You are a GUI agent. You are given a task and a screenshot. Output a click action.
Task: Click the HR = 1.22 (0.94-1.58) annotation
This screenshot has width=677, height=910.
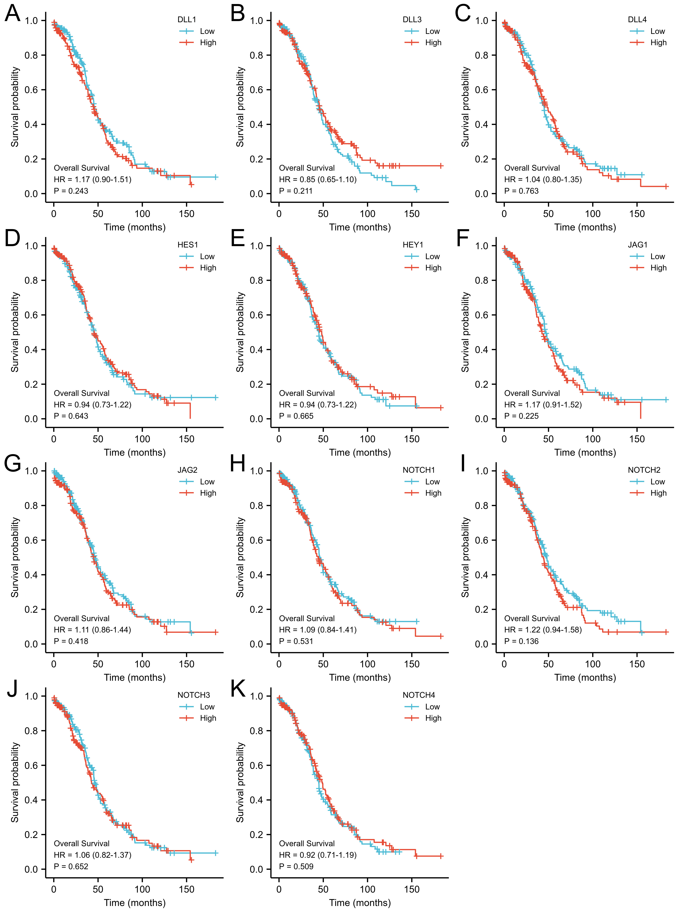click(x=543, y=630)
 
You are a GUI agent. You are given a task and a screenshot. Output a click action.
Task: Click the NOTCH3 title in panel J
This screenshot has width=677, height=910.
click(x=193, y=695)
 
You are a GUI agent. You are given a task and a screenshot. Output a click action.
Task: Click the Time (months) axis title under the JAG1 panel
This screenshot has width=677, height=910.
click(x=585, y=453)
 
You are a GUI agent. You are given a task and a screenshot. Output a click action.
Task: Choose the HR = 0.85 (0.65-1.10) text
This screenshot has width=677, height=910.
click(x=318, y=179)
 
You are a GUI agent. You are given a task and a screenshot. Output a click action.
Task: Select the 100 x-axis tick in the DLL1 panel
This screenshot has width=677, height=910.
click(x=142, y=214)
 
